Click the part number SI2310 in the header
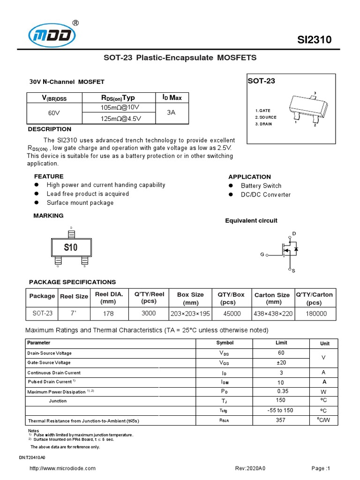coord(315,40)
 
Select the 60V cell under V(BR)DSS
coord(54,113)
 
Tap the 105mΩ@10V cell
coord(120,108)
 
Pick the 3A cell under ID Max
coord(172,113)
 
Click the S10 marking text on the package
coord(71,247)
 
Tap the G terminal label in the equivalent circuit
coord(262,255)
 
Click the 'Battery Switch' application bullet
coord(261,186)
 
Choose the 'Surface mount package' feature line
coord(80,203)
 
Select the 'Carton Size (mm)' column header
coord(271,298)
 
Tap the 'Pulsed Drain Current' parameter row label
coord(52,382)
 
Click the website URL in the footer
coord(62,468)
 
